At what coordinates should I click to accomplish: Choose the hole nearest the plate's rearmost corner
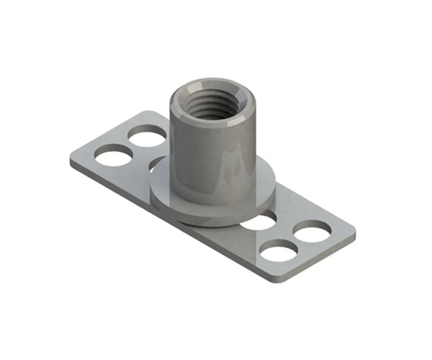click(148, 134)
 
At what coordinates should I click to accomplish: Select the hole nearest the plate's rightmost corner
click(312, 231)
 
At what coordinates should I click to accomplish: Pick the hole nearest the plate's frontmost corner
click(279, 251)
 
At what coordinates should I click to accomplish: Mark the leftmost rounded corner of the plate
click(73, 163)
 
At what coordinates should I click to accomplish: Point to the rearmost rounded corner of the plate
click(148, 114)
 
